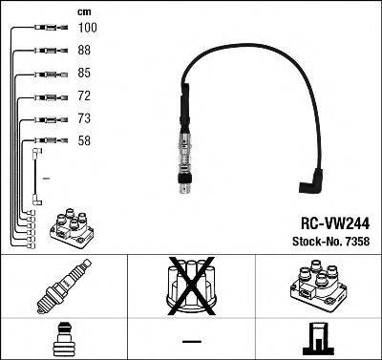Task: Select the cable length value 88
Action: (85, 52)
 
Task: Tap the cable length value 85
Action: (85, 74)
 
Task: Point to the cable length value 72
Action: (85, 97)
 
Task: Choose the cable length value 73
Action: (85, 119)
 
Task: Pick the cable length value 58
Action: (85, 141)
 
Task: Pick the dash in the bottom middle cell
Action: (191, 340)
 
